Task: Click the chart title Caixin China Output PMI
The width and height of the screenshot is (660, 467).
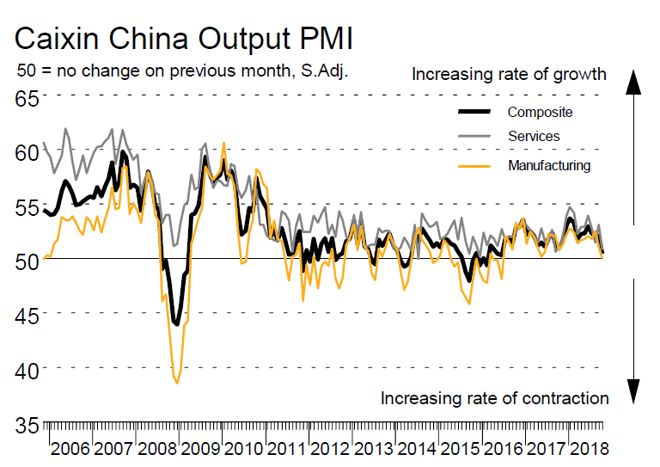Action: point(184,40)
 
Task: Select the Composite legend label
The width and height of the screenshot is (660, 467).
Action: point(540,112)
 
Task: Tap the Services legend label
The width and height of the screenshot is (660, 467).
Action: point(534,136)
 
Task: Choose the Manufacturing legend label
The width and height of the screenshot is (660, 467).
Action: point(549,165)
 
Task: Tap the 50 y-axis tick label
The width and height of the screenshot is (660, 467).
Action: point(28,260)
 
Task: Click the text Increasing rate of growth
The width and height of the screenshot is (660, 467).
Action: point(509,74)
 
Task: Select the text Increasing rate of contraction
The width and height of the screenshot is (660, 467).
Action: point(494,398)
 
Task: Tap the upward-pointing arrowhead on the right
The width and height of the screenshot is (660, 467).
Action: point(633,82)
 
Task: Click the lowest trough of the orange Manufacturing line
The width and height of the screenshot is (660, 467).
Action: point(177,383)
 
